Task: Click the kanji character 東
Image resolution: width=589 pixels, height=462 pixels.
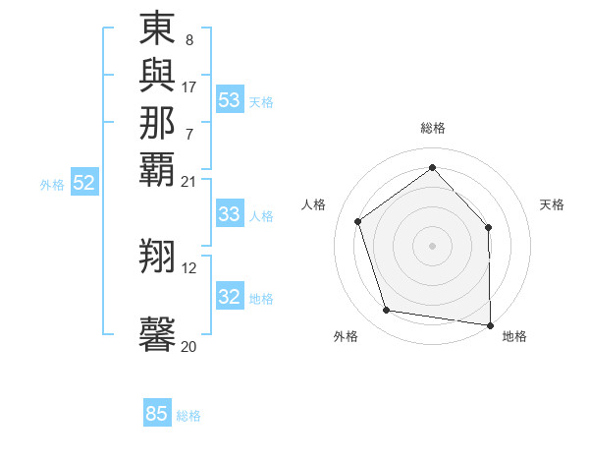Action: click(157, 29)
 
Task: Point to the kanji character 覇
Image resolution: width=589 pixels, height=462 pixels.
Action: click(157, 167)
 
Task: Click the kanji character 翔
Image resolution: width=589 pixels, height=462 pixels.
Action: click(157, 255)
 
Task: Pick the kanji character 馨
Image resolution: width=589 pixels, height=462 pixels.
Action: click(157, 334)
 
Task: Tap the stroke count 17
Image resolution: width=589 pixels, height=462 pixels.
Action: click(188, 87)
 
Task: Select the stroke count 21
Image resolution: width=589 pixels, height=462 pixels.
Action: click(188, 180)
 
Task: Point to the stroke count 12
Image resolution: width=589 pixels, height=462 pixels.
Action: click(188, 267)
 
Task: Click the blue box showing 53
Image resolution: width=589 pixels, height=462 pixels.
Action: click(230, 99)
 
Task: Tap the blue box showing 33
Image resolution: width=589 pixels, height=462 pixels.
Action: click(230, 214)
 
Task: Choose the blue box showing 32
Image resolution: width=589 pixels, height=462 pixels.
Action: click(230, 297)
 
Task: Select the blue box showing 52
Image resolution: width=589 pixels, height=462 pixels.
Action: click(84, 183)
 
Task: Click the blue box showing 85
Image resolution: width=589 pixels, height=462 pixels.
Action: click(157, 414)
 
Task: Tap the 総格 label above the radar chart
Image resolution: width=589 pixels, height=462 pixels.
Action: click(432, 128)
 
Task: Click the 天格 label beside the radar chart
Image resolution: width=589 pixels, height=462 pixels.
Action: click(552, 204)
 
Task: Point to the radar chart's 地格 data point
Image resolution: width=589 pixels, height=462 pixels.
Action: click(490, 323)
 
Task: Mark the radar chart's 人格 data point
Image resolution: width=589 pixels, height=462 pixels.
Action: click(358, 222)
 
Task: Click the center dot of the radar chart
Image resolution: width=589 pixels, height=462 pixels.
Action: click(432, 245)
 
